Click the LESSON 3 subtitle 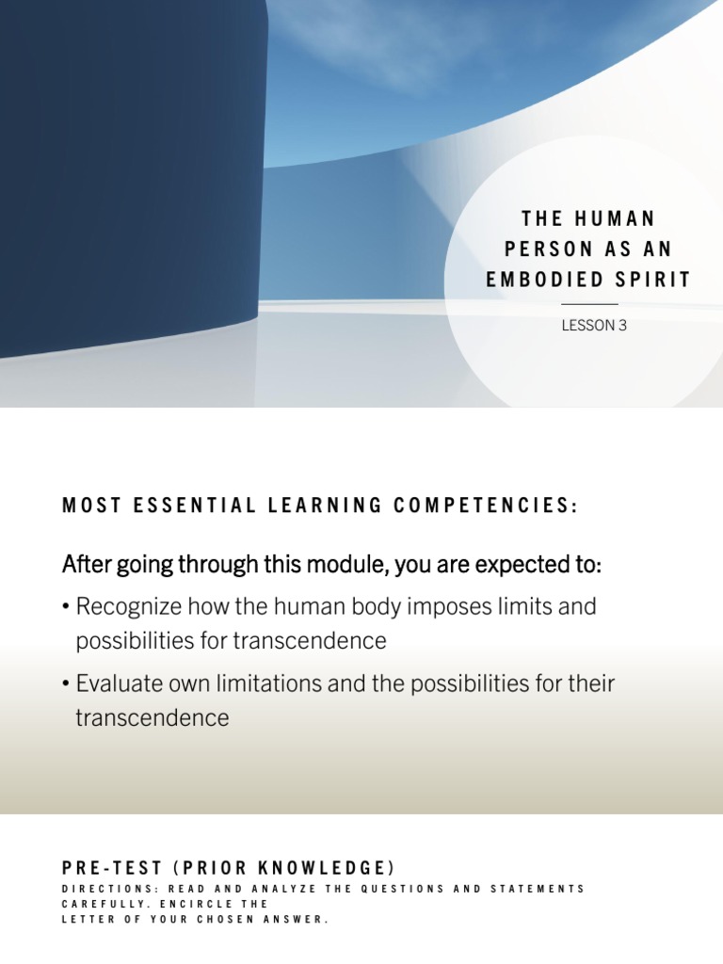click(x=594, y=326)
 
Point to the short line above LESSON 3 click(x=589, y=304)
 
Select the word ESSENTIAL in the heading click(x=194, y=506)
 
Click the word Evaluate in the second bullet click(x=117, y=683)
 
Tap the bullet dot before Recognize click(x=67, y=607)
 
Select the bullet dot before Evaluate click(x=67, y=684)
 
